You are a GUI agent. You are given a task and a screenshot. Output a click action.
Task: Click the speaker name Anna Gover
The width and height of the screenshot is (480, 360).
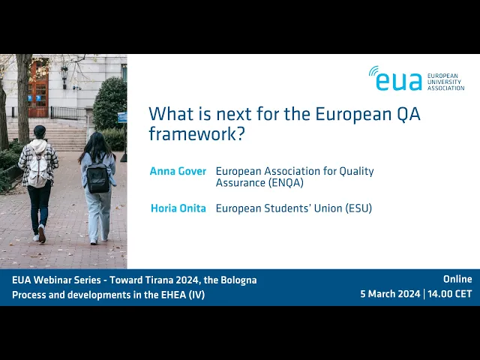pyautogui.click(x=178, y=171)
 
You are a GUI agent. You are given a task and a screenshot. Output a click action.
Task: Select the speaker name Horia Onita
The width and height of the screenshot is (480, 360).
pyautogui.click(x=178, y=208)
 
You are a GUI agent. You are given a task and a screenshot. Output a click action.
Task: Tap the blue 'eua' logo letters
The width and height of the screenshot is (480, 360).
pyautogui.click(x=398, y=82)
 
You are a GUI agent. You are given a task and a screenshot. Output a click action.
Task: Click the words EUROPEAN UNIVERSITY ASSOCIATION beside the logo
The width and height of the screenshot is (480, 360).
pyautogui.click(x=445, y=82)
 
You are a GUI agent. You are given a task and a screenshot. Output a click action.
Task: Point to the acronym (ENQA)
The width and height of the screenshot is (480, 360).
pyautogui.click(x=286, y=183)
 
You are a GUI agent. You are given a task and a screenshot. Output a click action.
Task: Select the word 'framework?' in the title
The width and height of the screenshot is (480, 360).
pyautogui.click(x=197, y=134)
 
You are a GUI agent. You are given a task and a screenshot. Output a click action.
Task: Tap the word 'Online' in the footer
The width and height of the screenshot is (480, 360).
pyautogui.click(x=457, y=279)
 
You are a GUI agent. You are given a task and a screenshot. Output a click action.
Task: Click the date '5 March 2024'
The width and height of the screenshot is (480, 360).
pyautogui.click(x=390, y=294)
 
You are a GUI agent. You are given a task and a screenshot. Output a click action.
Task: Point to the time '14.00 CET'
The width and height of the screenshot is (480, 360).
pyautogui.click(x=450, y=294)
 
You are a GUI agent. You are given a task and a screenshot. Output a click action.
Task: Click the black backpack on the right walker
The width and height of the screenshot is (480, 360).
pyautogui.click(x=98, y=177)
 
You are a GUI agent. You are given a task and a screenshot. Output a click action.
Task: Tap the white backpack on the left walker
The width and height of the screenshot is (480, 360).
pyautogui.click(x=37, y=167)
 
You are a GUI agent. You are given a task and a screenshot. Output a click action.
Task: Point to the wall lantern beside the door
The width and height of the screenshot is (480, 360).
pyautogui.click(x=64, y=76)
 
